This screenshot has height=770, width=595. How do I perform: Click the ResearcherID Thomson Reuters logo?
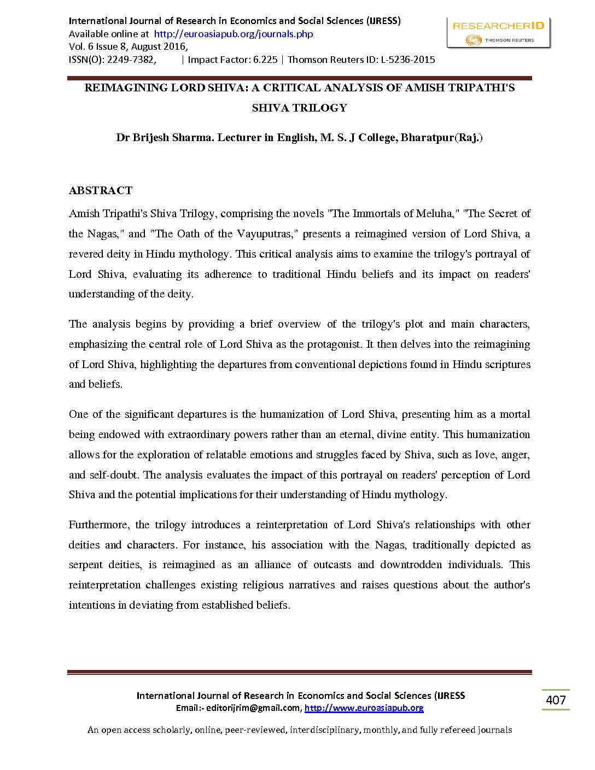tap(498, 33)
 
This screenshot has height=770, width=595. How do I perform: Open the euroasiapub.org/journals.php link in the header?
tap(234, 34)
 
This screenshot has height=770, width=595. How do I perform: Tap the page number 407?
tap(556, 700)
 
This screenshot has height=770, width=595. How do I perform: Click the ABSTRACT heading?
tap(101, 190)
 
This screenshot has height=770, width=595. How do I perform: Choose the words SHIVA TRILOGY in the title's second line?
tap(299, 108)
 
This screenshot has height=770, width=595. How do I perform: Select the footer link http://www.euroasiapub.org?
tap(364, 708)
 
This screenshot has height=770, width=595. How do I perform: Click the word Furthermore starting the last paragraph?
tap(99, 525)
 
